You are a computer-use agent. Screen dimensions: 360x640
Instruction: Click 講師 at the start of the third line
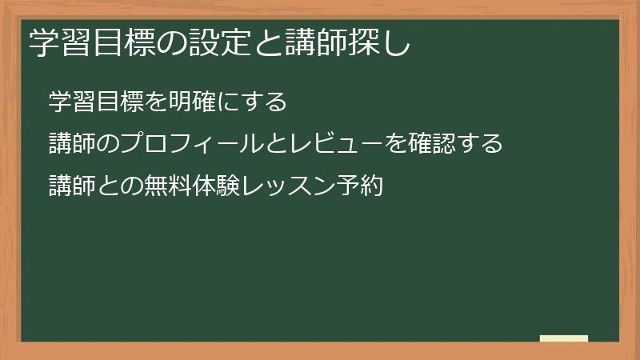pyautogui.click(x=72, y=186)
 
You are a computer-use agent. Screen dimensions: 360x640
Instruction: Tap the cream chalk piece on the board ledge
pyautogui.click(x=564, y=338)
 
